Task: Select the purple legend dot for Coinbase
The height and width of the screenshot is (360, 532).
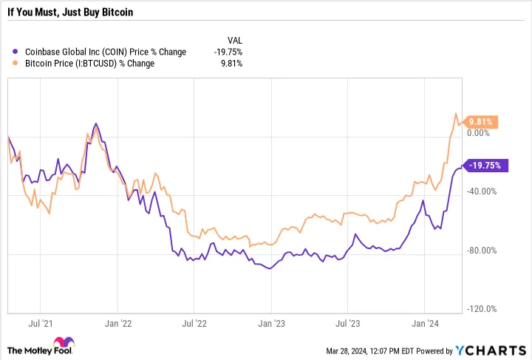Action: point(17,52)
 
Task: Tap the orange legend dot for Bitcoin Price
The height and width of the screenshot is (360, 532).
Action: point(17,64)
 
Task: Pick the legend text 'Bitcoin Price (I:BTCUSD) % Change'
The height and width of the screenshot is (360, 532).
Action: point(90,64)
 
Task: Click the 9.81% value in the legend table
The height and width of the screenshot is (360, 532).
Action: point(231,64)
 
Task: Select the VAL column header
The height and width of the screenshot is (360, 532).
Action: point(233,40)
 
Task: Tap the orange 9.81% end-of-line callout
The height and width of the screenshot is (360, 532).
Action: point(481,122)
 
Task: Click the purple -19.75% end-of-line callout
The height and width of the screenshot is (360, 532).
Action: point(485,166)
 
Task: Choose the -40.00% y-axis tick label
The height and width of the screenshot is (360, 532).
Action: point(483,191)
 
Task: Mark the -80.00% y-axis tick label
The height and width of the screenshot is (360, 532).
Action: point(483,251)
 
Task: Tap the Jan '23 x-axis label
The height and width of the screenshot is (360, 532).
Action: point(270,323)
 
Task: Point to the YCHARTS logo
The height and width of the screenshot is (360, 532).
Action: point(491,349)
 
